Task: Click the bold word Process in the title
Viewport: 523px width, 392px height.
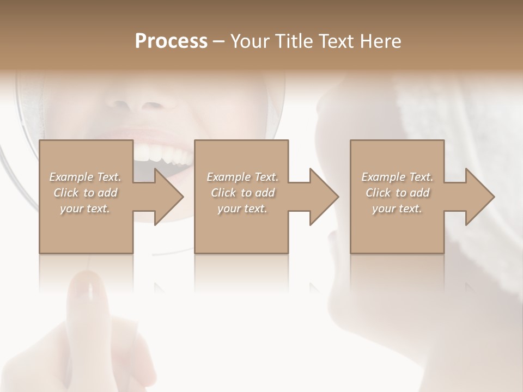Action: pyautogui.click(x=171, y=41)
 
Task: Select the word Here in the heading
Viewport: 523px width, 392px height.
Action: pyautogui.click(x=380, y=41)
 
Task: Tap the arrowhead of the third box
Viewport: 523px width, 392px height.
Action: pyautogui.click(x=479, y=197)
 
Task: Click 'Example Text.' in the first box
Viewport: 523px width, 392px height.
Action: pyautogui.click(x=86, y=177)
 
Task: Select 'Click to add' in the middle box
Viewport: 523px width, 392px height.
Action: pyautogui.click(x=242, y=193)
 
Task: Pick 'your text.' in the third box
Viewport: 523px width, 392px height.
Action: pyautogui.click(x=397, y=209)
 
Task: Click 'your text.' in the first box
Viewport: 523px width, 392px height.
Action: pyautogui.click(x=86, y=209)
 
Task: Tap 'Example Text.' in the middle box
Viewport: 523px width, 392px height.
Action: pyautogui.click(x=242, y=177)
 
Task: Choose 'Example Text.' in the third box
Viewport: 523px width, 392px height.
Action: pyautogui.click(x=397, y=177)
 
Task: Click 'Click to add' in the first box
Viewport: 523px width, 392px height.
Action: pyautogui.click(x=86, y=193)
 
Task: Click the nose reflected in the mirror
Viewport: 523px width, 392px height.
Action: pyautogui.click(x=150, y=98)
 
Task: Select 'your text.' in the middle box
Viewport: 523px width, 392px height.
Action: pyautogui.click(x=242, y=209)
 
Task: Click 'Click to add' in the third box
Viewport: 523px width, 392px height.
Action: pyautogui.click(x=397, y=193)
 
